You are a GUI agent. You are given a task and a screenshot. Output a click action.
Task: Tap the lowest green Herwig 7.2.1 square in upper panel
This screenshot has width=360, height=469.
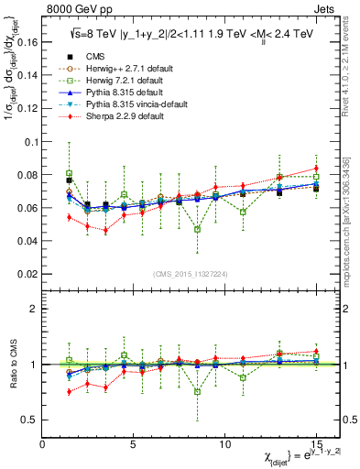tap(197, 229)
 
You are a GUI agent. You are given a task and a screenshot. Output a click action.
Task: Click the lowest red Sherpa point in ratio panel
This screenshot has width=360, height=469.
tap(70, 392)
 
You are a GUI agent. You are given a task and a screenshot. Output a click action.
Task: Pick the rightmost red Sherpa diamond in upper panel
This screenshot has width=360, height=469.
tap(315, 168)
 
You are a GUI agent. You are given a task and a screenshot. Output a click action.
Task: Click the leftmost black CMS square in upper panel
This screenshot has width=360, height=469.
tap(70, 180)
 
